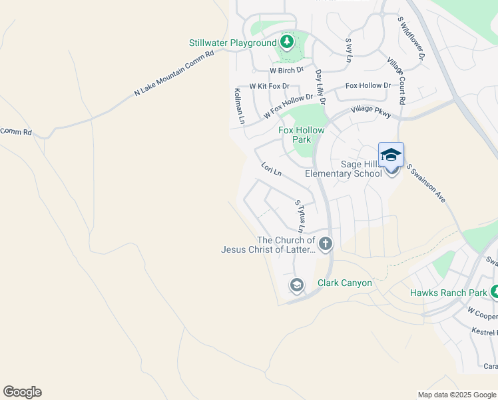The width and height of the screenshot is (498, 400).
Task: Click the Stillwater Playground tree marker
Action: coord(287,43)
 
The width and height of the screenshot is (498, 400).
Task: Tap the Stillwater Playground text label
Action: coord(232,43)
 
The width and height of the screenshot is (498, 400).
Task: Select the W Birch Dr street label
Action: coord(286,70)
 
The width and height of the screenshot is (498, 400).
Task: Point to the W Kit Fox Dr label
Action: coord(270,86)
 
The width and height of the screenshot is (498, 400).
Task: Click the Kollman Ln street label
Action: coord(239,106)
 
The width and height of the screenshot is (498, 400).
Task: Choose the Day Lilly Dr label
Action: coord(320,87)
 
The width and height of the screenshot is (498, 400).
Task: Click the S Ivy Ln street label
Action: coord(348,50)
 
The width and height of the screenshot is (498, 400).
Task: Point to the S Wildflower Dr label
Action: coord(411,38)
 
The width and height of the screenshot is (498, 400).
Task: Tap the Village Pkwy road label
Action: coord(371,109)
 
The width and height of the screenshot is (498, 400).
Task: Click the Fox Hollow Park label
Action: coord(302,135)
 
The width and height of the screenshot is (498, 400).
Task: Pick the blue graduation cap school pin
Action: coord(391,155)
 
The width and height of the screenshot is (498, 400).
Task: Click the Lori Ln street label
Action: coord(271,169)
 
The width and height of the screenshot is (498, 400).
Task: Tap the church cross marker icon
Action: coord(325,244)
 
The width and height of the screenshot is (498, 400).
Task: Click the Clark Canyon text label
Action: coord(344,283)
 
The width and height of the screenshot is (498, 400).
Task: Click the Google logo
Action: coord(22,392)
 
